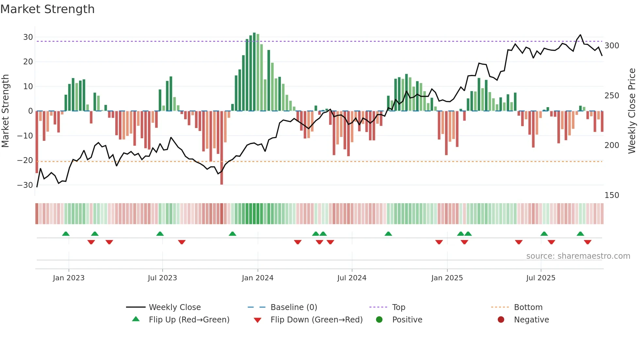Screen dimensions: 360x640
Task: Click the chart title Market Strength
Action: pos(47,9)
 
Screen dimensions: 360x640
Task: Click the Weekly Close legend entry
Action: pos(174,307)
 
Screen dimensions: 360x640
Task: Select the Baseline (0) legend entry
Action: pos(294,307)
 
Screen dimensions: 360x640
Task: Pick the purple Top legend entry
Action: pos(398,307)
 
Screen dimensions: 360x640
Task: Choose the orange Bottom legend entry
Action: pos(528,307)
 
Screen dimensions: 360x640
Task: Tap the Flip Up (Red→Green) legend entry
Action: pos(189,319)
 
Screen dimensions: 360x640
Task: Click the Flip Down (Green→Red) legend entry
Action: pos(316,319)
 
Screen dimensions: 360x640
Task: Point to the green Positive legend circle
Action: pos(379,319)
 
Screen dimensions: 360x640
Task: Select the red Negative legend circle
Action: pos(501,319)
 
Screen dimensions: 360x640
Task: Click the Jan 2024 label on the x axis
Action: pos(258,278)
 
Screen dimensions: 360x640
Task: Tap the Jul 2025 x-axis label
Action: pos(541,278)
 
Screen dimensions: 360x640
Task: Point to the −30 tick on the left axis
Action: pos(25,185)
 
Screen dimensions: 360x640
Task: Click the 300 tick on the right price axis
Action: pos(612,46)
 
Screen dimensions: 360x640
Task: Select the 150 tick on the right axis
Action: pos(612,195)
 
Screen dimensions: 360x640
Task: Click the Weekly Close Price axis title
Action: pos(632,111)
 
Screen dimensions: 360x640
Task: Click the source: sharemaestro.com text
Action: pos(578,256)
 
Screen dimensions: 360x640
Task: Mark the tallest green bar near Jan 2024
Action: pos(254,72)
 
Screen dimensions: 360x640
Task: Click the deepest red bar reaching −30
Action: pos(222,148)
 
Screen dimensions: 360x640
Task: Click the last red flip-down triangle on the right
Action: pos(588,242)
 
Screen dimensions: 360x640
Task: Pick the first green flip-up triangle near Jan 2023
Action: pos(66,234)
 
